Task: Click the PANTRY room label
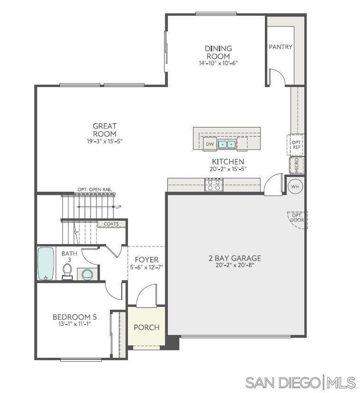point(280,47)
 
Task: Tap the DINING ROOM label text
point(218,52)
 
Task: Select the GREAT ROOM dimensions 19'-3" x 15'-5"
point(104,141)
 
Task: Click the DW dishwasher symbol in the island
point(210,144)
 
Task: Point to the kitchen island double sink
point(227,144)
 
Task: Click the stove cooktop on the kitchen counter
point(214,185)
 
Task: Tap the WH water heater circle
point(295,187)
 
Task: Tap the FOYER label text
point(146,260)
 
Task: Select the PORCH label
point(146,327)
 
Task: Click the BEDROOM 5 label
point(75,317)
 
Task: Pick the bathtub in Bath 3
point(46,264)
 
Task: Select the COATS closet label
point(111,224)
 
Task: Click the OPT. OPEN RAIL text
point(95,190)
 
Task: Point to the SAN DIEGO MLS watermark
point(300,382)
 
